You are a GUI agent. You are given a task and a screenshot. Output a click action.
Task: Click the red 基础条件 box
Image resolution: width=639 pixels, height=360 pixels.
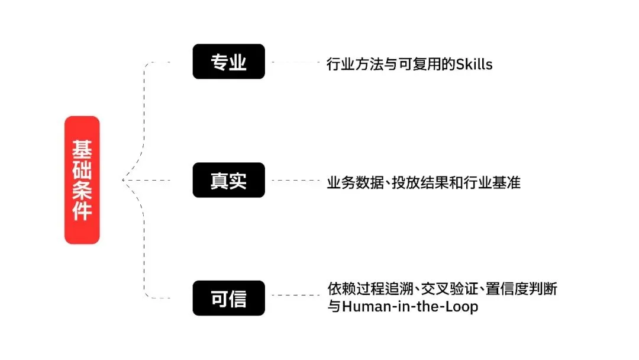pos(82,180)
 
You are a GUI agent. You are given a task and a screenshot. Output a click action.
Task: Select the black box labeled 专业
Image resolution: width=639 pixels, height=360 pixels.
pos(228,62)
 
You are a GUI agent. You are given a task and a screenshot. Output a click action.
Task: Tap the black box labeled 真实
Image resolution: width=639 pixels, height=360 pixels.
pos(228,180)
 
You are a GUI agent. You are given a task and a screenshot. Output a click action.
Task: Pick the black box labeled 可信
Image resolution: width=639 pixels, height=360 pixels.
pos(228,298)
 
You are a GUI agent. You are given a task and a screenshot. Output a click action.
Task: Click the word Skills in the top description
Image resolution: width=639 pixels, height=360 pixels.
pos(474,65)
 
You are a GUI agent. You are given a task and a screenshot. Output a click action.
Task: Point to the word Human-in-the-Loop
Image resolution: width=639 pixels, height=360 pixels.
pos(410,306)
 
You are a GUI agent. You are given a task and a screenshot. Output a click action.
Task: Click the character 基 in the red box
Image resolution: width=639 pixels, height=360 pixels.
pos(82,149)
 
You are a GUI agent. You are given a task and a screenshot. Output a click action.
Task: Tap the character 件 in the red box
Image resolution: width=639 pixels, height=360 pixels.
pos(82,211)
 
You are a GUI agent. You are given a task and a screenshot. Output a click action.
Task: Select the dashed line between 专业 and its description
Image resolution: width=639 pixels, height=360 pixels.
pos(295,62)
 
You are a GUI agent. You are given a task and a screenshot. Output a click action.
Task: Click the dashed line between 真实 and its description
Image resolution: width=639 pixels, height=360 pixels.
pos(295,180)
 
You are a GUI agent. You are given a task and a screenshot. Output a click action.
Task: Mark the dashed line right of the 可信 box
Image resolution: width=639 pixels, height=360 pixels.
pos(295,295)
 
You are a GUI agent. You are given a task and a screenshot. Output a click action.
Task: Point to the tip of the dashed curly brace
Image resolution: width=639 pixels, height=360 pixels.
pos(122,180)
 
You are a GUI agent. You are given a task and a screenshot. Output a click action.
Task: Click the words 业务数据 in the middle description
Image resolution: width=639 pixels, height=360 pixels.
pos(355,182)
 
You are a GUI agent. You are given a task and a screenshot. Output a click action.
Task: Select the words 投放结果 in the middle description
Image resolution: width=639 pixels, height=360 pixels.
pos(419,182)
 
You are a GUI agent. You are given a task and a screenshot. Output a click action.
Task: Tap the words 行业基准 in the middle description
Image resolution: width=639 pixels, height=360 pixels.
pos(492,182)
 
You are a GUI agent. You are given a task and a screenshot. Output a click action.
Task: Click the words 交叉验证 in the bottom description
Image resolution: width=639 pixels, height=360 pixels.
pos(449,289)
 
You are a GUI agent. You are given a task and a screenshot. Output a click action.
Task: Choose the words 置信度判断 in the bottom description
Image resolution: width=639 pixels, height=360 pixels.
pos(521,289)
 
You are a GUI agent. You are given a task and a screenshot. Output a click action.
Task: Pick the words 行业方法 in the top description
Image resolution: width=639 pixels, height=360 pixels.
pos(355,65)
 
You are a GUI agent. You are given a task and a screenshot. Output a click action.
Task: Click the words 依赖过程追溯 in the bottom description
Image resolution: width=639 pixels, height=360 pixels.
pos(370,289)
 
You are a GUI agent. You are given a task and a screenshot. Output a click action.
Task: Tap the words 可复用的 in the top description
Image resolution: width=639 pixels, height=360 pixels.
pos(427,65)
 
